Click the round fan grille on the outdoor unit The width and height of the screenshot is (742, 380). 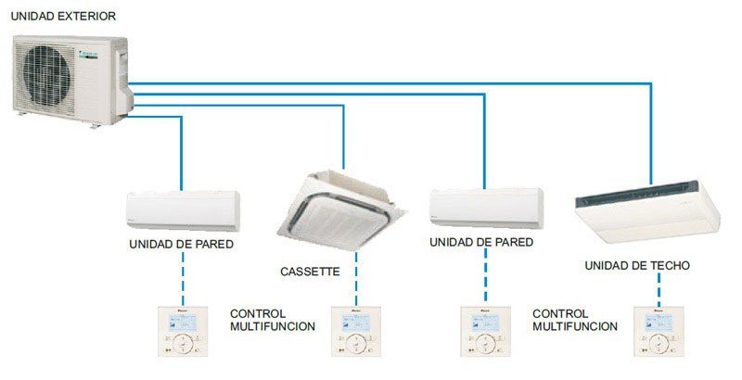[46, 76]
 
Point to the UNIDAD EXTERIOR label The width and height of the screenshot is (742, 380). [63, 16]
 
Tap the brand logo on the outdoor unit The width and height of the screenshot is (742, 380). [88, 56]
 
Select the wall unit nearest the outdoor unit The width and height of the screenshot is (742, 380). [183, 210]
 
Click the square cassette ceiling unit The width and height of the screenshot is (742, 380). [341, 209]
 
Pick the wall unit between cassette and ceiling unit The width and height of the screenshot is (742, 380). [486, 208]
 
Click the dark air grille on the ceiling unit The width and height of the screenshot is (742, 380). [637, 193]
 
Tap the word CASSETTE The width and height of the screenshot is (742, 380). [310, 272]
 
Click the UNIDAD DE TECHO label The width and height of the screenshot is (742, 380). [637, 266]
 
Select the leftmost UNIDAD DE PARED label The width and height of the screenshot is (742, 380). [181, 245]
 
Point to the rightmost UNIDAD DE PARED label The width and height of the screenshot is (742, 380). [481, 242]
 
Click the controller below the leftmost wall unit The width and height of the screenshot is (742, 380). [183, 331]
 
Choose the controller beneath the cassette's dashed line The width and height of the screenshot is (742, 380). [356, 331]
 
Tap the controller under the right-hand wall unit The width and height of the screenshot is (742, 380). [485, 331]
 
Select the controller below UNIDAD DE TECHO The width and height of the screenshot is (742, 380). [659, 331]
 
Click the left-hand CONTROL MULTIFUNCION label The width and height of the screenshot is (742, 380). [273, 320]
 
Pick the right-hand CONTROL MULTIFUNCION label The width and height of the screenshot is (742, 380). [575, 320]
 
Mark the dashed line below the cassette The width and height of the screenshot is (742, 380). [356, 278]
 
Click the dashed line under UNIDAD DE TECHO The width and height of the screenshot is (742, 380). [659, 289]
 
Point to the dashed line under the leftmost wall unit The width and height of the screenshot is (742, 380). [183, 279]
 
